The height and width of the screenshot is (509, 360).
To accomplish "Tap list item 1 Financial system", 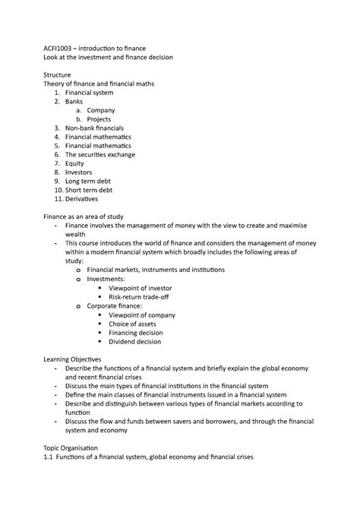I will coord(88,92).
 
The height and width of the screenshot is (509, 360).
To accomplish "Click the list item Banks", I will coord(74,101).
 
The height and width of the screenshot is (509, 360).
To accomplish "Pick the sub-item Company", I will coord(101,110).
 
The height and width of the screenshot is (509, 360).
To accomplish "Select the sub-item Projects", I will coord(100,119).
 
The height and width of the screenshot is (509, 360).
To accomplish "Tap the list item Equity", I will coord(74,163).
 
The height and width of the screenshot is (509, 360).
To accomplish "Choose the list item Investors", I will coord(78,172).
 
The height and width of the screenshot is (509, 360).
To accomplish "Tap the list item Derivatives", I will coord(81,199).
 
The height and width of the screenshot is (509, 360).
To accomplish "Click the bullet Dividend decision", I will coord(138,342).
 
